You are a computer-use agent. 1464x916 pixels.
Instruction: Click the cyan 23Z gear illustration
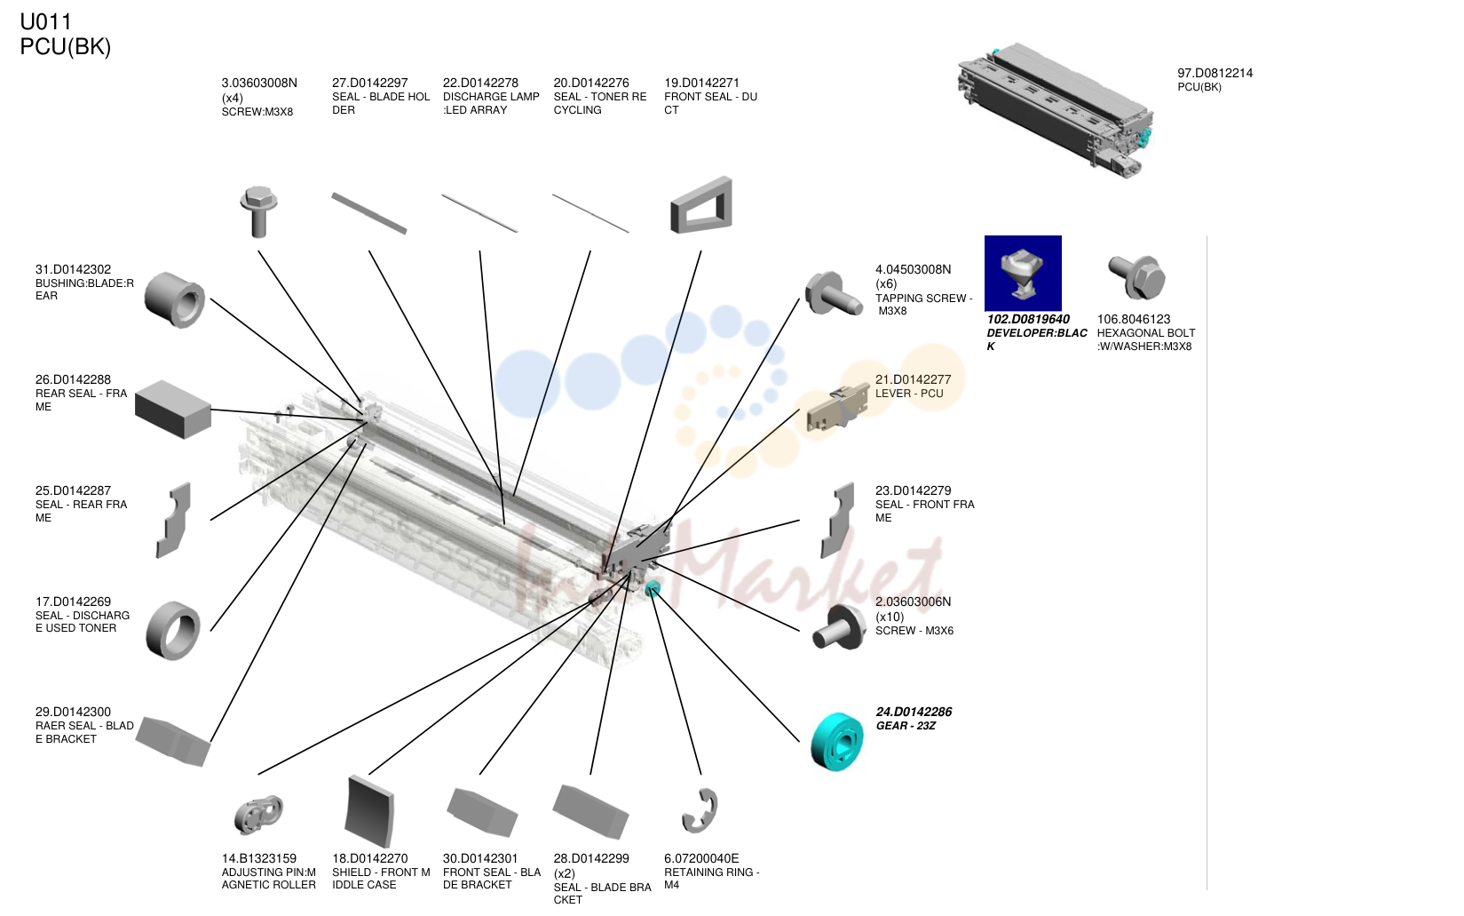(836, 742)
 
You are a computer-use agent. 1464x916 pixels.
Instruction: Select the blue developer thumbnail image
(1023, 274)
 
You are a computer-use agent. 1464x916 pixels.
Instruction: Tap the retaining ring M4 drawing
(700, 811)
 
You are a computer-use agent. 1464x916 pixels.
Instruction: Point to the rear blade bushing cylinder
(174, 300)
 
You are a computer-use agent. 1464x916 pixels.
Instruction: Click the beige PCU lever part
(837, 409)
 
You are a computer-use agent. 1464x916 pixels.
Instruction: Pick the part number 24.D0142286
(914, 712)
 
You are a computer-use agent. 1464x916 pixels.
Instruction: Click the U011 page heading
(45, 21)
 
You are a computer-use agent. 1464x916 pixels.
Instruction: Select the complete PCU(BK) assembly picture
(1055, 110)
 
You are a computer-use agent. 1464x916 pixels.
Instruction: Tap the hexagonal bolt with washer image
(1136, 276)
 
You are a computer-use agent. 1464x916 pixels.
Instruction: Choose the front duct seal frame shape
(701, 204)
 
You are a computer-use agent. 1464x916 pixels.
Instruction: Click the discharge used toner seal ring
(173, 630)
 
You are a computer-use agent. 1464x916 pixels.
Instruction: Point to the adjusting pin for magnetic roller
(258, 815)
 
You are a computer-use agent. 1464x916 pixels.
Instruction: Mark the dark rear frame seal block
(172, 410)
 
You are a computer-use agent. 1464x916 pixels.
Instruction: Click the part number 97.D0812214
(1215, 73)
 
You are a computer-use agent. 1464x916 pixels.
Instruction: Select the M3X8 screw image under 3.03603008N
(259, 211)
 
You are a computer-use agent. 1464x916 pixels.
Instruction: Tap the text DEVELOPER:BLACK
(1037, 339)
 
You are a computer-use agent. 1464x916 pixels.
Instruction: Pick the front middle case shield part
(370, 811)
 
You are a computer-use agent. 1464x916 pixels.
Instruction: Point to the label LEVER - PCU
(909, 394)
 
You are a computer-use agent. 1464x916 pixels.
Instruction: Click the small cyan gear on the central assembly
(653, 589)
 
